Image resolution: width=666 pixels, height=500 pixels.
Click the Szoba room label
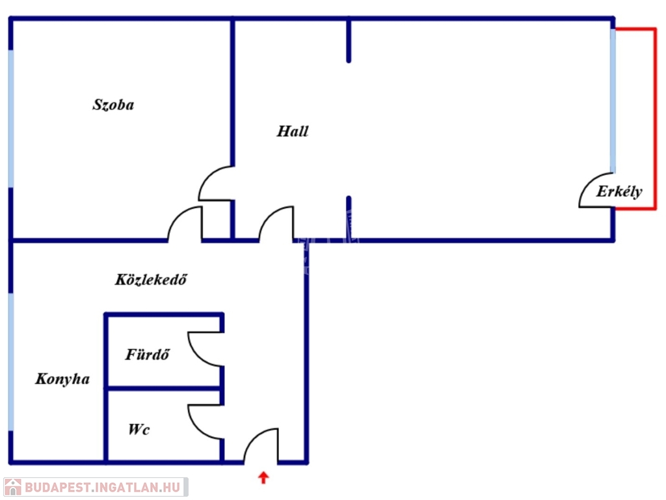[113, 105]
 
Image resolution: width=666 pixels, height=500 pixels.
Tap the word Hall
[293, 132]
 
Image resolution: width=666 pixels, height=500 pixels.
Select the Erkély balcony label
[619, 191]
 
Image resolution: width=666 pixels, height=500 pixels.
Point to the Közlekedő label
[152, 280]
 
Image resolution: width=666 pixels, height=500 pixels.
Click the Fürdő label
[148, 355]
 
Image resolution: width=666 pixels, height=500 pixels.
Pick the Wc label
[139, 430]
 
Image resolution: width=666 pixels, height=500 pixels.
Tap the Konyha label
[62, 379]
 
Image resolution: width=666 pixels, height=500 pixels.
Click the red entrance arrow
[263, 479]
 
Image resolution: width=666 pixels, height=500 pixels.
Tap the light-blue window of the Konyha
[10, 361]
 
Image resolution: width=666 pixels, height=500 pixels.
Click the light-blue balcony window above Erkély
[613, 101]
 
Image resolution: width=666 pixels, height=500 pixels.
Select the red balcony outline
[654, 117]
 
